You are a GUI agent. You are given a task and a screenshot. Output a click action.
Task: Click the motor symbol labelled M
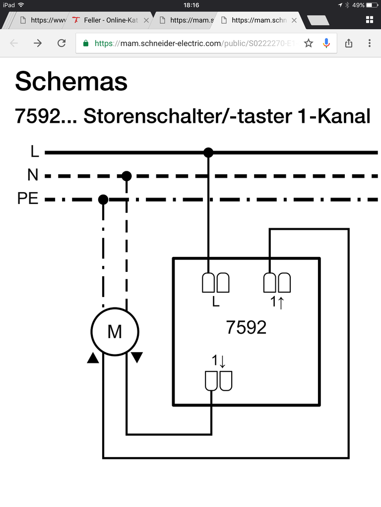(x=115, y=331)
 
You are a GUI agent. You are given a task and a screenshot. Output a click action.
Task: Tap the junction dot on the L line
(x=208, y=152)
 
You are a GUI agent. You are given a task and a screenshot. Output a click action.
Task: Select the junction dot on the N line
(x=127, y=176)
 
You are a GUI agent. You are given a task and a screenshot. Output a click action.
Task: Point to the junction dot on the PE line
(x=103, y=200)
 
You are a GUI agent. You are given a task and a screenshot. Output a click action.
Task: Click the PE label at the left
(x=28, y=200)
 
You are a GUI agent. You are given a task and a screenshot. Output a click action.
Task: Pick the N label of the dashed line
(x=33, y=176)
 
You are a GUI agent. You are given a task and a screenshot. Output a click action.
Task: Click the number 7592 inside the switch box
(x=246, y=327)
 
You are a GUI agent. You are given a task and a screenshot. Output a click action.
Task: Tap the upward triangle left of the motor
(x=93, y=358)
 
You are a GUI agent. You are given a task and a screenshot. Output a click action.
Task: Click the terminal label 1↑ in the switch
(x=277, y=302)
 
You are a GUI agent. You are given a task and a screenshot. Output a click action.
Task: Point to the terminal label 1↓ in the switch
(x=219, y=361)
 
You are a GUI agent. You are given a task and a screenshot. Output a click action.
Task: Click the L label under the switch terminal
(x=215, y=302)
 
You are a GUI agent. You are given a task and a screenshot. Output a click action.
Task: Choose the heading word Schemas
(x=71, y=81)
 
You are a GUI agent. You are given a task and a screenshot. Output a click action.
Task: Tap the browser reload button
(x=62, y=43)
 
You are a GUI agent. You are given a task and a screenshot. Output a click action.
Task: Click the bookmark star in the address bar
(x=309, y=43)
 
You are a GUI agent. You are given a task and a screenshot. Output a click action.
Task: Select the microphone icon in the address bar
(x=326, y=43)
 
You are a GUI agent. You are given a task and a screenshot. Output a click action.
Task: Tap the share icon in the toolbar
(x=348, y=43)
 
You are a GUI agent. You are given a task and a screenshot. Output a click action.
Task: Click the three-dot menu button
(x=370, y=43)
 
